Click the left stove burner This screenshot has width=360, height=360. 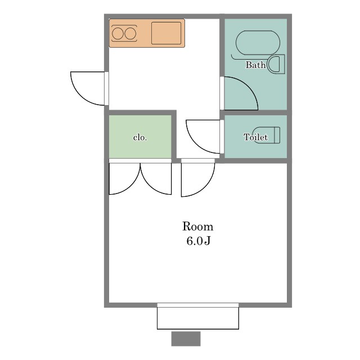point(118,34)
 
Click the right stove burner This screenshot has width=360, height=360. point(130,34)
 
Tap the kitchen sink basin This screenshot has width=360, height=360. point(166,33)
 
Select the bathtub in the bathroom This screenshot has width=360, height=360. point(258,43)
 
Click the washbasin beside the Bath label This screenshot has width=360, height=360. point(276,64)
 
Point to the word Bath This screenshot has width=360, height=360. point(255,65)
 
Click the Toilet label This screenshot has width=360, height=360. point(255,137)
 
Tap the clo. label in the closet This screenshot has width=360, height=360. point(140,137)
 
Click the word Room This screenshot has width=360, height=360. point(197,227)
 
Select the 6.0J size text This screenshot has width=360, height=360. point(199,241)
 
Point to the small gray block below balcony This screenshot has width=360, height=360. point(186,339)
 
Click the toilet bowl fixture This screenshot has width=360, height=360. point(266,135)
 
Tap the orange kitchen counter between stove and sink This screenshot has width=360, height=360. point(144,34)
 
